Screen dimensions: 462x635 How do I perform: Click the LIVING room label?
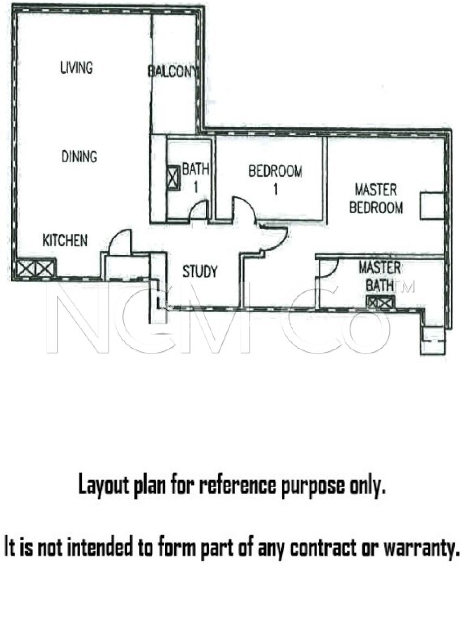(x=76, y=68)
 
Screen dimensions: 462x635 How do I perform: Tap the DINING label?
(x=79, y=156)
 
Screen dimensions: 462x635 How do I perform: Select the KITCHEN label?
(x=65, y=241)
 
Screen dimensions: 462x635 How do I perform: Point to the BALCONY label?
(x=172, y=72)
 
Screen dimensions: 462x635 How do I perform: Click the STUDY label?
(x=200, y=271)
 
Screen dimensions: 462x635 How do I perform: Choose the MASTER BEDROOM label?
(x=376, y=199)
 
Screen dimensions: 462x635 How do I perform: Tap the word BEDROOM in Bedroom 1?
(x=275, y=171)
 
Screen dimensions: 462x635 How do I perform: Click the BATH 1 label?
(x=195, y=178)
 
